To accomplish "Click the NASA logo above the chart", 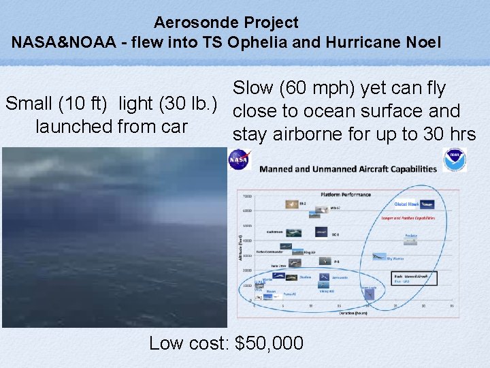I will (239, 160).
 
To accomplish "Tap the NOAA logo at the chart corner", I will (455, 160).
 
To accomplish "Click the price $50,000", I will (269, 343).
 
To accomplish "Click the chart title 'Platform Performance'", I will (346, 194).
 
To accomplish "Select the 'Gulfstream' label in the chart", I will (274, 232).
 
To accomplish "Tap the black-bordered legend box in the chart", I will (415, 278).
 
